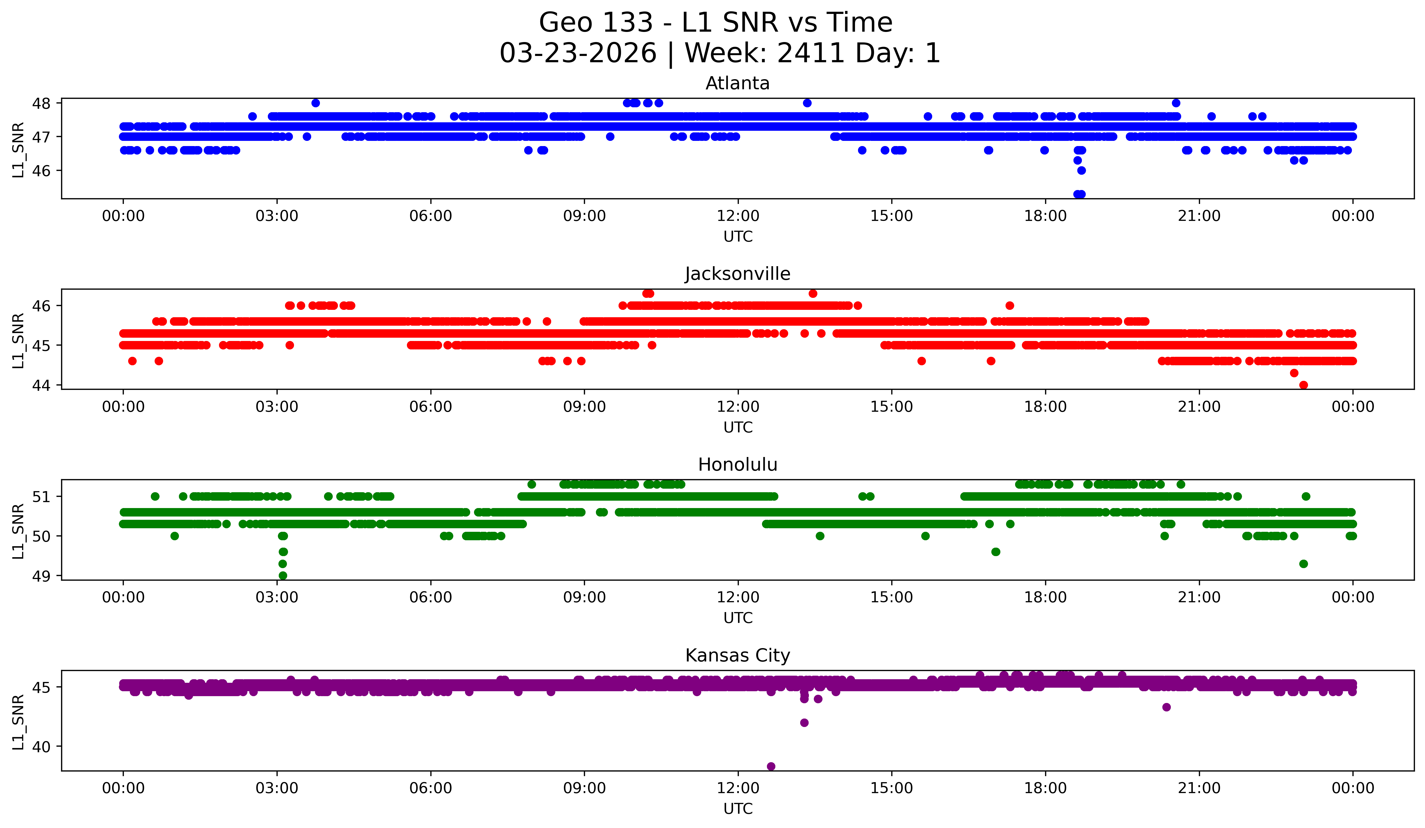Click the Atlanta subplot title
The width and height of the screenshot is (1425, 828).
coord(737,83)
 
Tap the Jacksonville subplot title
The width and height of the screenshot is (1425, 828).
coord(737,274)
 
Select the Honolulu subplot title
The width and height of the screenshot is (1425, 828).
coord(737,465)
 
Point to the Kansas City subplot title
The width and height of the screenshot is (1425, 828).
coord(737,655)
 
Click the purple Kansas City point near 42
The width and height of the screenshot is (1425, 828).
coord(804,723)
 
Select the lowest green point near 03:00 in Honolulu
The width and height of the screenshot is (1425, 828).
coord(283,575)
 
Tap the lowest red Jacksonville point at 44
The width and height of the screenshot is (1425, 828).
coord(1303,385)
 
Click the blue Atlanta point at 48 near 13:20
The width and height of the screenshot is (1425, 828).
coord(807,103)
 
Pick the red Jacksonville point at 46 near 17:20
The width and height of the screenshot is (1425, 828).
coord(1009,305)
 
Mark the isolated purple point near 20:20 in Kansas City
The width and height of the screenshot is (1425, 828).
coord(1166,707)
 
